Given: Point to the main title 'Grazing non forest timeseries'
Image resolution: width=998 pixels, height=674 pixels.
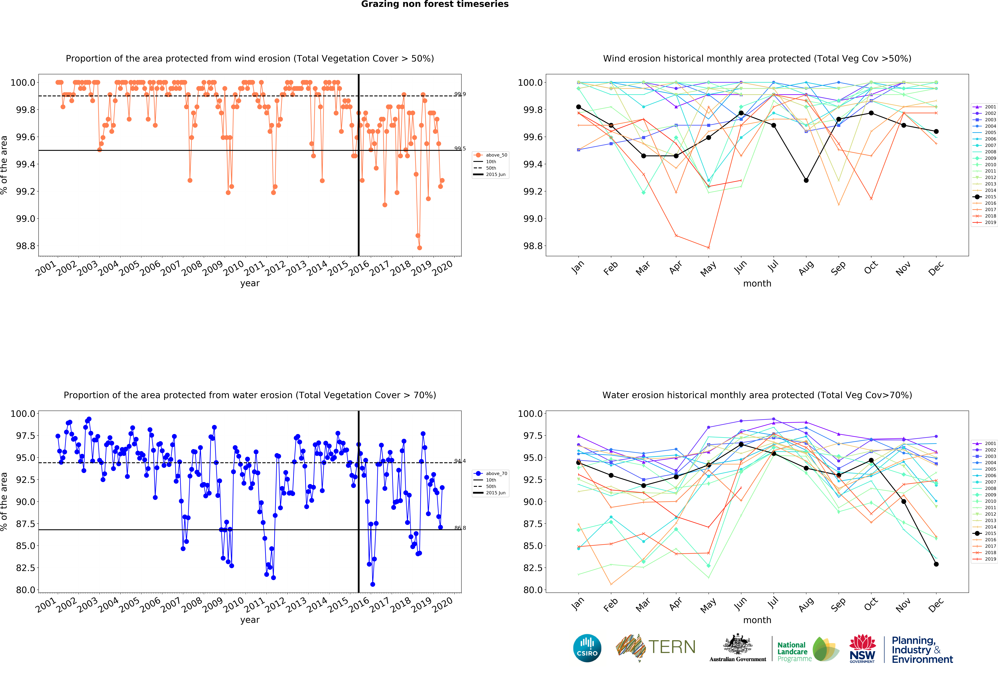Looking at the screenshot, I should click(x=435, y=4).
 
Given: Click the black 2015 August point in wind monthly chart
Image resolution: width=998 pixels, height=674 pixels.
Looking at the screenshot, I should click(x=806, y=180).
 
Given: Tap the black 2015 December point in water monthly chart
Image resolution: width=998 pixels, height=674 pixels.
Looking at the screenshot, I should click(x=936, y=564).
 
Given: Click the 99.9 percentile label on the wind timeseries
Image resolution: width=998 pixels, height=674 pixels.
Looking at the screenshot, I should click(x=460, y=94).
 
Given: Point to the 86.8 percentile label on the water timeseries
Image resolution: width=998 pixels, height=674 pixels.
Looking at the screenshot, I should click(x=460, y=528).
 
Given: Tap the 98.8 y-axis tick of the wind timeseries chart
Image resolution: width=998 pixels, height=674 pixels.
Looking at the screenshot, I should click(x=26, y=246).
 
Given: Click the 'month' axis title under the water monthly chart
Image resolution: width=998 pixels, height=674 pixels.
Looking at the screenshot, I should click(x=757, y=620).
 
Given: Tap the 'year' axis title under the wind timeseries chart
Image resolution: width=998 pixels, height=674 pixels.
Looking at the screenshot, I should click(x=250, y=283).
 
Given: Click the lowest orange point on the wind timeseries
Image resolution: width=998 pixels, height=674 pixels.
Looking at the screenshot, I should click(x=420, y=248).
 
